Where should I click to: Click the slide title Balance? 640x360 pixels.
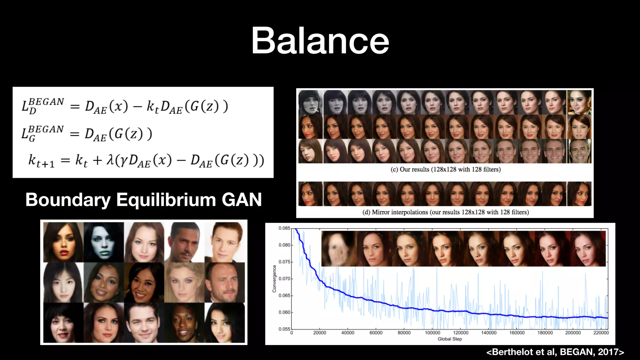pyautogui.click(x=320, y=41)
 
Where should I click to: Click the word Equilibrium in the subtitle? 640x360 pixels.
pyautogui.click(x=166, y=200)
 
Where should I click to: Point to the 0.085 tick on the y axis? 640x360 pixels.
pyautogui.click(x=284, y=228)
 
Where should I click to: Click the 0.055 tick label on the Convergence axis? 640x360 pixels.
pyautogui.click(x=284, y=329)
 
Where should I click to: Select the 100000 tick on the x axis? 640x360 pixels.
pyautogui.click(x=432, y=333)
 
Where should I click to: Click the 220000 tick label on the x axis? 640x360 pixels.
pyautogui.click(x=601, y=333)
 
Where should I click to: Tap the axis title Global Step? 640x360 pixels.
pyautogui.click(x=449, y=339)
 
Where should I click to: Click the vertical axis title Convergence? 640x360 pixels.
pyautogui.click(x=274, y=279)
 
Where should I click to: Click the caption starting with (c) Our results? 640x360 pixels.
pyautogui.click(x=445, y=169)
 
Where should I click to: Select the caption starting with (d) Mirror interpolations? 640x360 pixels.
pyautogui.click(x=445, y=212)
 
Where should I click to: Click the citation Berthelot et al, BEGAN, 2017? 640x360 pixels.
pyautogui.click(x=555, y=352)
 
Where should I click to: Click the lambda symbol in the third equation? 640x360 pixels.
pyautogui.click(x=110, y=160)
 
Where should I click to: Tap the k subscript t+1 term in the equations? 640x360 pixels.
pyautogui.click(x=41, y=161)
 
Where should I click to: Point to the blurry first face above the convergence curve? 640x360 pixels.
pyautogui.click(x=338, y=249)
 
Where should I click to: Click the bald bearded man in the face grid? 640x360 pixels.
pyautogui.click(x=224, y=282)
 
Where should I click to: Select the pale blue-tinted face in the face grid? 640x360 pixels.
pyautogui.click(x=103, y=242)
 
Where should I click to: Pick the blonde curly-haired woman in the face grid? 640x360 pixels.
pyautogui.click(x=184, y=282)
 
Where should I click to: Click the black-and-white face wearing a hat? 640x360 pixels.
pyautogui.click(x=310, y=102)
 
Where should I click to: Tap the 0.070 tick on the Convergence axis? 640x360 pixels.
pyautogui.click(x=284, y=279)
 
